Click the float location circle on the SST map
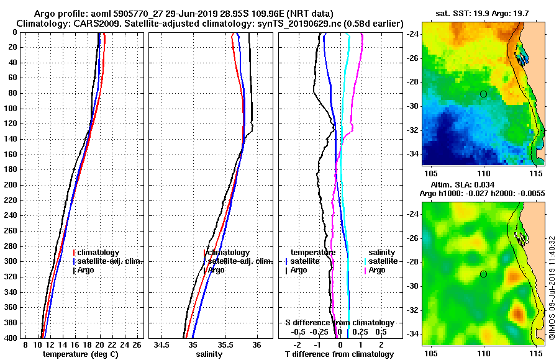483,94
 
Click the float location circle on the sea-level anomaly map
483,274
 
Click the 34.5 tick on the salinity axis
162,344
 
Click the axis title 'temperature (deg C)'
80,354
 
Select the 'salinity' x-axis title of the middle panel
209,354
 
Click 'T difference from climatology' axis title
339,354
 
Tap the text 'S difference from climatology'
339,323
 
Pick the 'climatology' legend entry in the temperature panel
99,253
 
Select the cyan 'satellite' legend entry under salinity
381,261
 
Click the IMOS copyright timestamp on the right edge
552,288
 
